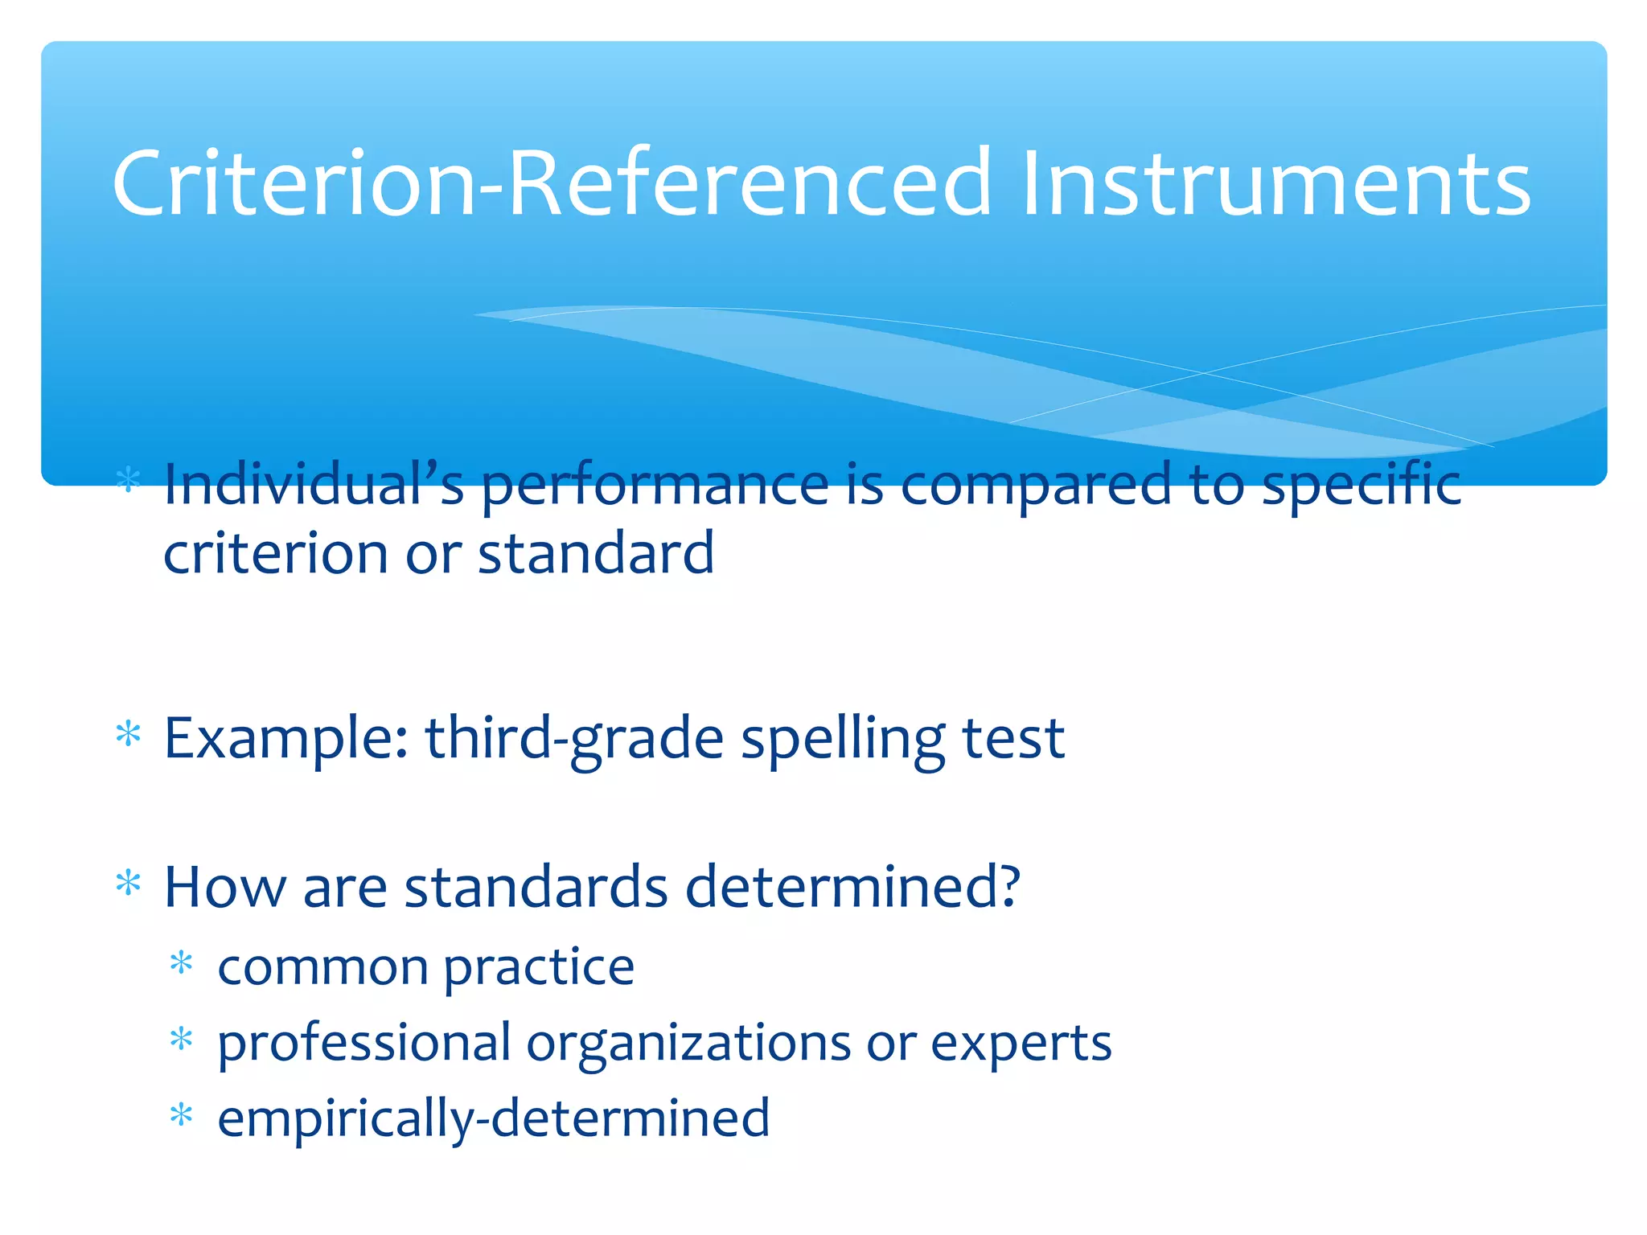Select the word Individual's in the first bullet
point(314,485)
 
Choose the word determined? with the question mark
point(852,887)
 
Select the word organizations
point(688,1044)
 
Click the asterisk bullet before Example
point(129,735)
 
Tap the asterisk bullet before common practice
point(182,962)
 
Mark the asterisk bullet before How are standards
point(129,884)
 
